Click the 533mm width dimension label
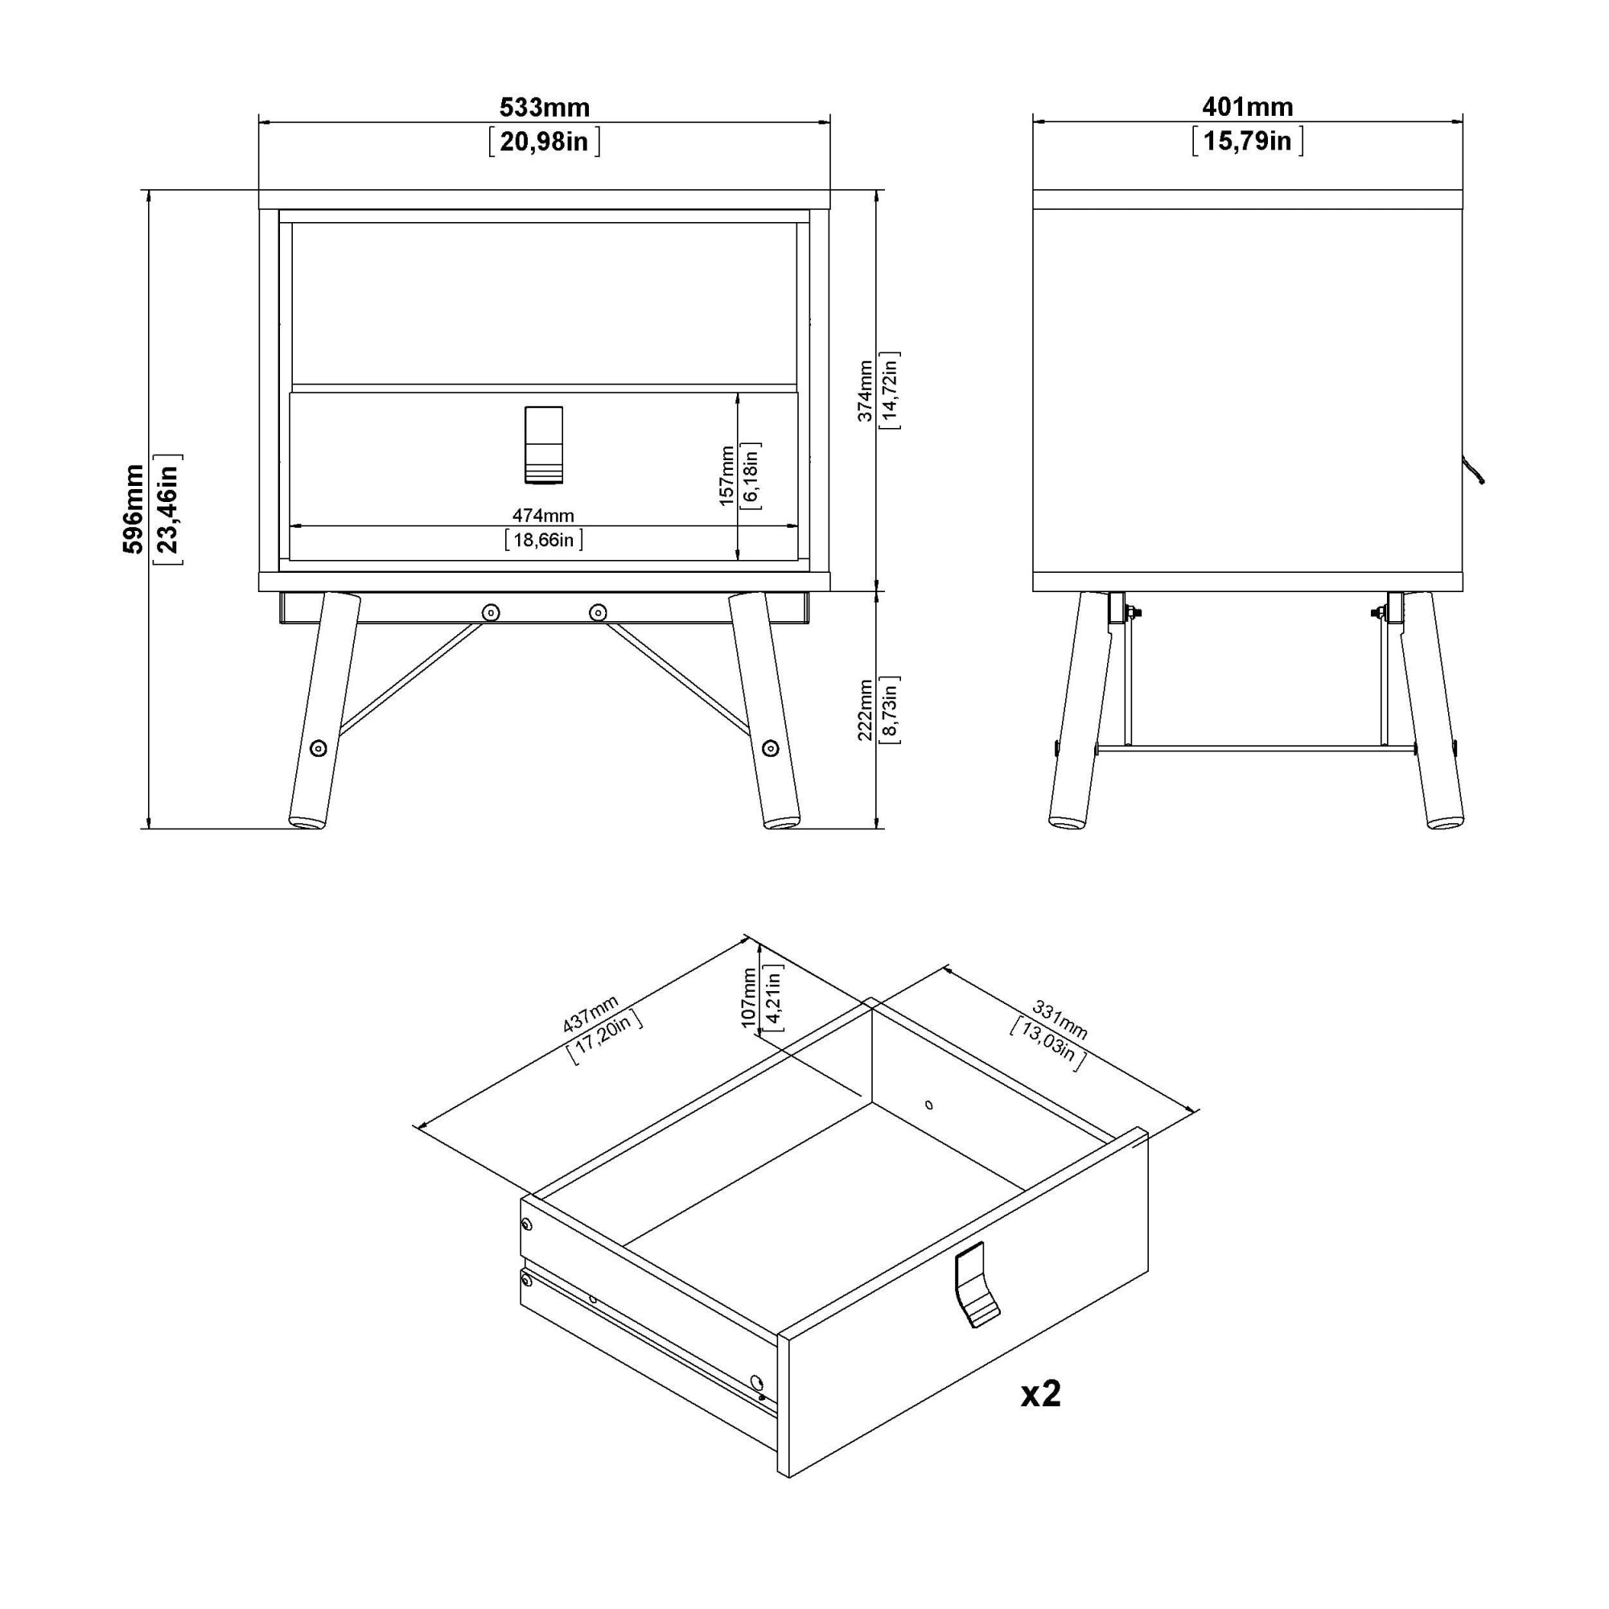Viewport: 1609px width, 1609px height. [544, 108]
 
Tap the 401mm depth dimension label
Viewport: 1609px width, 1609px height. [1247, 107]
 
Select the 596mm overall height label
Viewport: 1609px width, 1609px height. [134, 509]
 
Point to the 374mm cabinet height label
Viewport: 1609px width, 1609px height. [866, 391]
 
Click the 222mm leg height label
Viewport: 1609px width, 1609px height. [866, 710]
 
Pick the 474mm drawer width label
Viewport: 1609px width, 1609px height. [543, 516]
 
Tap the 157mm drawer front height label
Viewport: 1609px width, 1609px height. [726, 475]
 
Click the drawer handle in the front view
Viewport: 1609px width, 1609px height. [544, 445]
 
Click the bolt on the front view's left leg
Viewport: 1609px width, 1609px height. [318, 748]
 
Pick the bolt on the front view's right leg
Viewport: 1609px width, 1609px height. [771, 748]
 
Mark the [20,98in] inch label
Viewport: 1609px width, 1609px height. [544, 142]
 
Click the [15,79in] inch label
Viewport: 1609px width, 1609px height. [1247, 141]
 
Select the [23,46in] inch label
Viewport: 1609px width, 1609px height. [168, 509]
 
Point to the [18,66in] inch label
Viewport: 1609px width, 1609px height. [543, 541]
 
